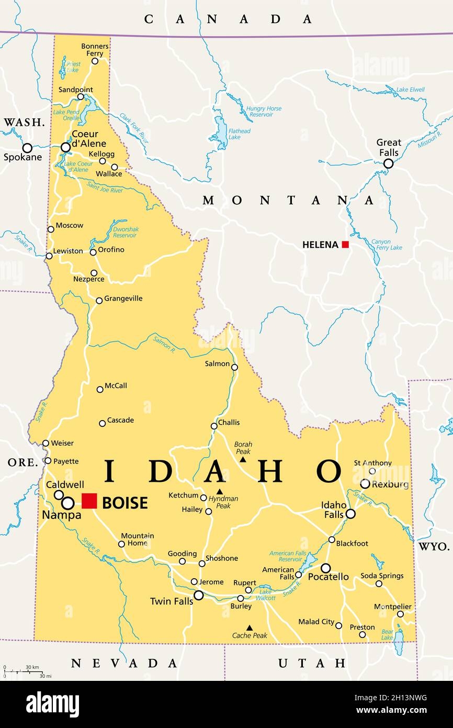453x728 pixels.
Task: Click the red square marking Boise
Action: point(89,501)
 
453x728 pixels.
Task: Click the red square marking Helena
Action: point(345,244)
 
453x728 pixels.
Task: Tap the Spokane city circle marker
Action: point(27,148)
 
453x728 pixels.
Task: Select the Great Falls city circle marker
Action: point(388,163)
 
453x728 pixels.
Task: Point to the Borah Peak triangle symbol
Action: point(243,460)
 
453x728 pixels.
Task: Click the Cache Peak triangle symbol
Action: point(250,627)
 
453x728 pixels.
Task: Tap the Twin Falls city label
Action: point(171,601)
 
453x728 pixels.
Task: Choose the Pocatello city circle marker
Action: point(325,568)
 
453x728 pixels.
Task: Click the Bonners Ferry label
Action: point(95,50)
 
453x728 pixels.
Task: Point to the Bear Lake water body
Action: point(399,643)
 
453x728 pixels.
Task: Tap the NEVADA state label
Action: point(124,663)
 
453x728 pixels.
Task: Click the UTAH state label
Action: point(312,663)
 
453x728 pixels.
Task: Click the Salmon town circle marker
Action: point(234,367)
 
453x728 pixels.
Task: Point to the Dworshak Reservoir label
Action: point(124,232)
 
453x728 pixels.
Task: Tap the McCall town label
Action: point(116,386)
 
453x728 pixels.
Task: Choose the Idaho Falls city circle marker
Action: point(350,514)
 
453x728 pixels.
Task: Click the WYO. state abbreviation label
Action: point(433,546)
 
